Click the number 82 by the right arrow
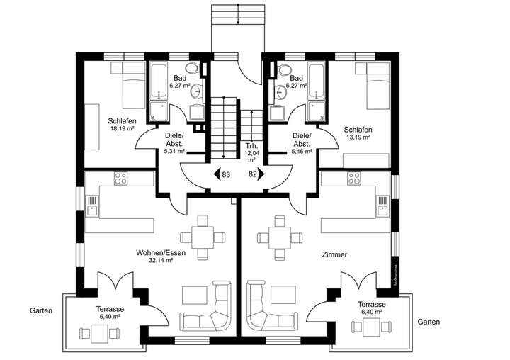click(253, 174)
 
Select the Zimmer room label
click(334, 254)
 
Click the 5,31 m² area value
click(174, 151)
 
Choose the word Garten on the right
click(429, 321)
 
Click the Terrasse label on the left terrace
click(110, 309)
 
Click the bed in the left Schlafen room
click(128, 81)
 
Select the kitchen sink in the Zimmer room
click(383, 208)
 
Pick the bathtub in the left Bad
click(157, 89)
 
